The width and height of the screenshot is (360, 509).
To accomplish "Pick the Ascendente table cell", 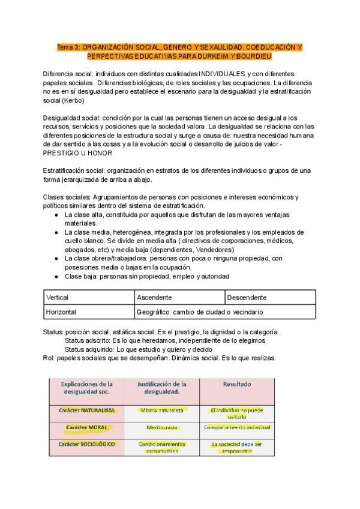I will pyautogui.click(x=154, y=297).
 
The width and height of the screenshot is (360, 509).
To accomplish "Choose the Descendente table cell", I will pyautogui.click(x=247, y=297).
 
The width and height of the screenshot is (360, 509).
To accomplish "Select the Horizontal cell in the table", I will pyautogui.click(x=61, y=312).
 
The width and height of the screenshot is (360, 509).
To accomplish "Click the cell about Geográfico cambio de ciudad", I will pyautogui.click(x=199, y=312).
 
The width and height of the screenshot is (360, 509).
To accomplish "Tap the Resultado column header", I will pyautogui.click(x=237, y=384).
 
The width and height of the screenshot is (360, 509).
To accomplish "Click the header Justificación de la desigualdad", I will pyautogui.click(x=162, y=388).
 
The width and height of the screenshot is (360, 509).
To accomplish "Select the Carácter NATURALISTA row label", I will pyautogui.click(x=86, y=411).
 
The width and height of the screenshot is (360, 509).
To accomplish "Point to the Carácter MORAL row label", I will pyautogui.click(x=86, y=427).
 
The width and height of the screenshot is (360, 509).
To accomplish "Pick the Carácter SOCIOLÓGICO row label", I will pyautogui.click(x=86, y=445).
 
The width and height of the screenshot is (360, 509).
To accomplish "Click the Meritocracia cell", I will pyautogui.click(x=162, y=427).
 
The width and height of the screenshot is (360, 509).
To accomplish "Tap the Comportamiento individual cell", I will pyautogui.click(x=237, y=427).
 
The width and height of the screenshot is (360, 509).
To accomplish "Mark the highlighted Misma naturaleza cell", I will pyautogui.click(x=162, y=411).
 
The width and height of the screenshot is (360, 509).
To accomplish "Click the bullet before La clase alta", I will pyautogui.click(x=56, y=214).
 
